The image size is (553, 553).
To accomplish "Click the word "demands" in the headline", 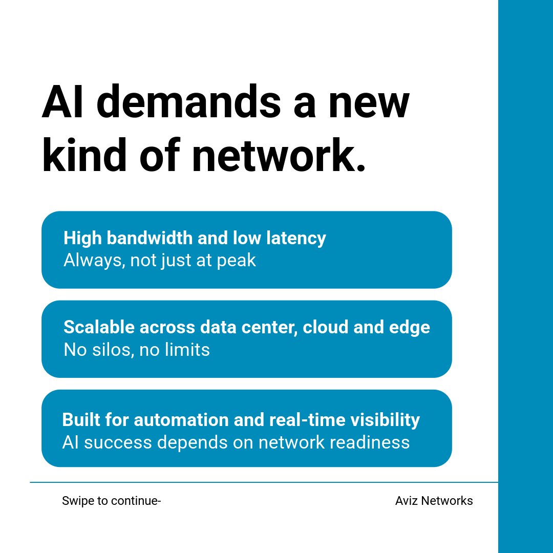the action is pos(188,101).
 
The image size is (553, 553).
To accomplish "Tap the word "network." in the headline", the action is pos(279,155).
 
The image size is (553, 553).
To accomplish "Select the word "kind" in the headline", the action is pos(84,155).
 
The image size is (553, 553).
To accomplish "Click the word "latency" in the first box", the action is pos(296,239).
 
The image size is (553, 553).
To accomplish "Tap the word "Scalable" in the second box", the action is pos(99,327).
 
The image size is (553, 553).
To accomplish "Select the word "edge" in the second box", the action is pos(410,328).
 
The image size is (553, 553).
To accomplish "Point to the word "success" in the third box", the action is pos(118,442).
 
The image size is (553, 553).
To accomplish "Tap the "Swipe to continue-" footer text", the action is pos(112,501).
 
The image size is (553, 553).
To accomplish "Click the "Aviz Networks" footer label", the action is pos(434,501).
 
